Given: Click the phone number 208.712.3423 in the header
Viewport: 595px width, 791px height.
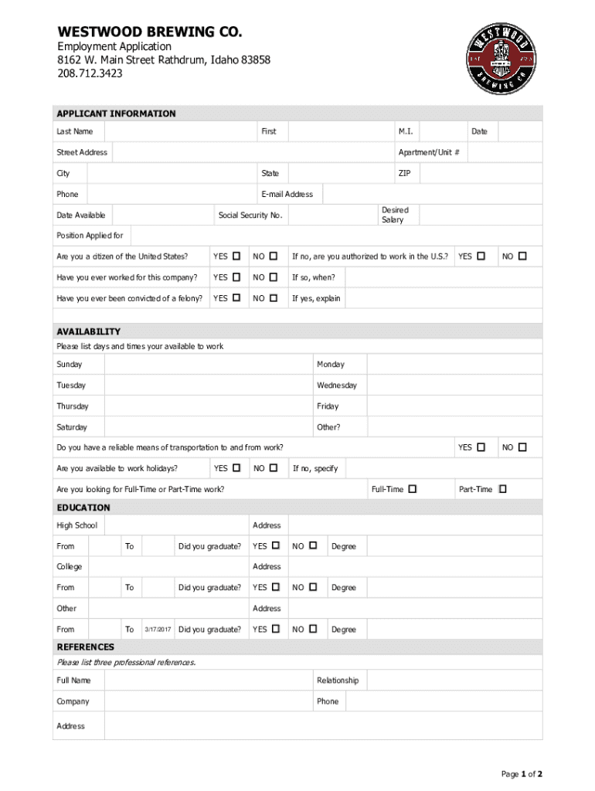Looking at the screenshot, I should click(90, 73).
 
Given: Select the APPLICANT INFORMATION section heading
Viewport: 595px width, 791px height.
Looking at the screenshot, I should click(116, 114).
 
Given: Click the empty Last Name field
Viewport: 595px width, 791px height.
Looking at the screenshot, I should click(178, 131).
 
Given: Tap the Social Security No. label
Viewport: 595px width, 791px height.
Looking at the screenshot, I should click(250, 215).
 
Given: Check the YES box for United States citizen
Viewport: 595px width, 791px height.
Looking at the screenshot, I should click(237, 256).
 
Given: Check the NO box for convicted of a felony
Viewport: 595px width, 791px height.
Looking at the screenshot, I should click(274, 298).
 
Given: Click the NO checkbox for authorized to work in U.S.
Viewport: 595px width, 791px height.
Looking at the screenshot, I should click(523, 256).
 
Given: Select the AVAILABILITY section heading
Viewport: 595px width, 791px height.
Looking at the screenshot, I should click(88, 331).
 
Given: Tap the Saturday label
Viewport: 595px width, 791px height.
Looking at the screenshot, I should click(72, 427).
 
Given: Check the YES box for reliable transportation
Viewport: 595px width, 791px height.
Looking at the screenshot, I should click(481, 447).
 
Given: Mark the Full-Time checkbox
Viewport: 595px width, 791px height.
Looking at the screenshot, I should click(413, 489).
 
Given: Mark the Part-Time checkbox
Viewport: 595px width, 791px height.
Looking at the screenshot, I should click(503, 489).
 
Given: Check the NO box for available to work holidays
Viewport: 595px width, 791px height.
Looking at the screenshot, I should click(274, 468).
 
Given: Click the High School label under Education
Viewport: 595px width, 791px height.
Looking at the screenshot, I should click(76, 525).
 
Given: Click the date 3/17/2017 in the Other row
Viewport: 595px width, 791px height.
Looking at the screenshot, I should click(158, 630).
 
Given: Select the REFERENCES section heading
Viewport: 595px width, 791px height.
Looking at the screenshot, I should click(85, 647).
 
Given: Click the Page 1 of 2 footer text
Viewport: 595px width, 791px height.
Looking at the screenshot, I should click(522, 774).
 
